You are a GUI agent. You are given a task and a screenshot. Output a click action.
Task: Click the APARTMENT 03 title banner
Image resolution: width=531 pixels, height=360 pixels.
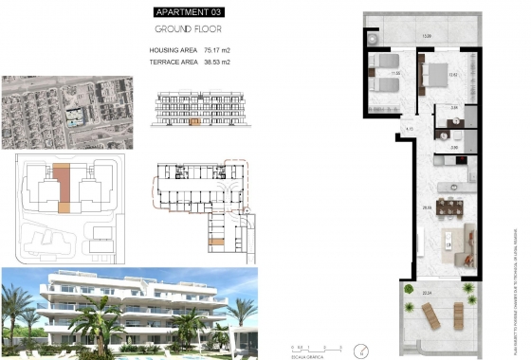(x=191, y=11)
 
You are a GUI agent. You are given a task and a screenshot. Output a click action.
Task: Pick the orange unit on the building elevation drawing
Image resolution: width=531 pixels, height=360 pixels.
(x=197, y=121)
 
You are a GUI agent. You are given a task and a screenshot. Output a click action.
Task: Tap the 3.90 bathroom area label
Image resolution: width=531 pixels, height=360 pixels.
(x=454, y=147)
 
